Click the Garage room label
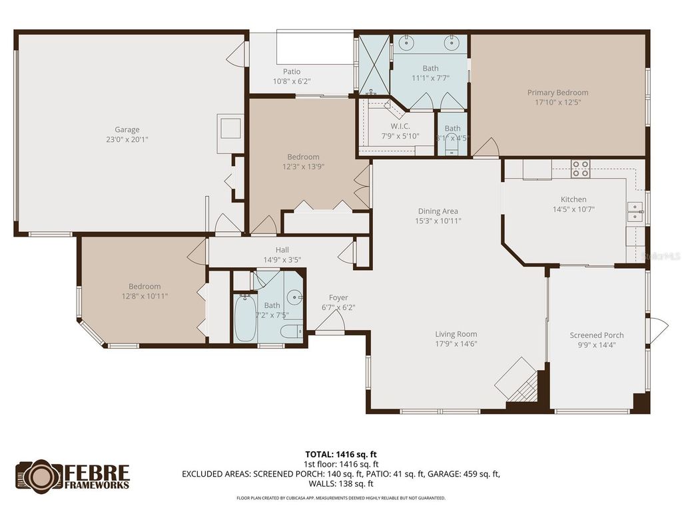coord(127,130)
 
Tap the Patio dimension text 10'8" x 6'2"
coord(292,81)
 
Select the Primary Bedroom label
coord(557,93)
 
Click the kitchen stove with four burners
coord(581,169)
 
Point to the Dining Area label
coord(438,211)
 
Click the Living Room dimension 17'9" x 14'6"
coord(456,344)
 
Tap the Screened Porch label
coord(596,335)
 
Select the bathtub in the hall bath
coord(245,319)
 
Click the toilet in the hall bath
coord(292,331)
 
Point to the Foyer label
coord(338,298)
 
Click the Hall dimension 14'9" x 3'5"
coord(282,260)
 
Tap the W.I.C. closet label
coord(400,127)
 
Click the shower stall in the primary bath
coord(374,64)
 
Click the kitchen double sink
coord(635,212)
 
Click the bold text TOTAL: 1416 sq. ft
coord(342,455)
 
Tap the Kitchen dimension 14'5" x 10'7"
coord(573,209)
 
